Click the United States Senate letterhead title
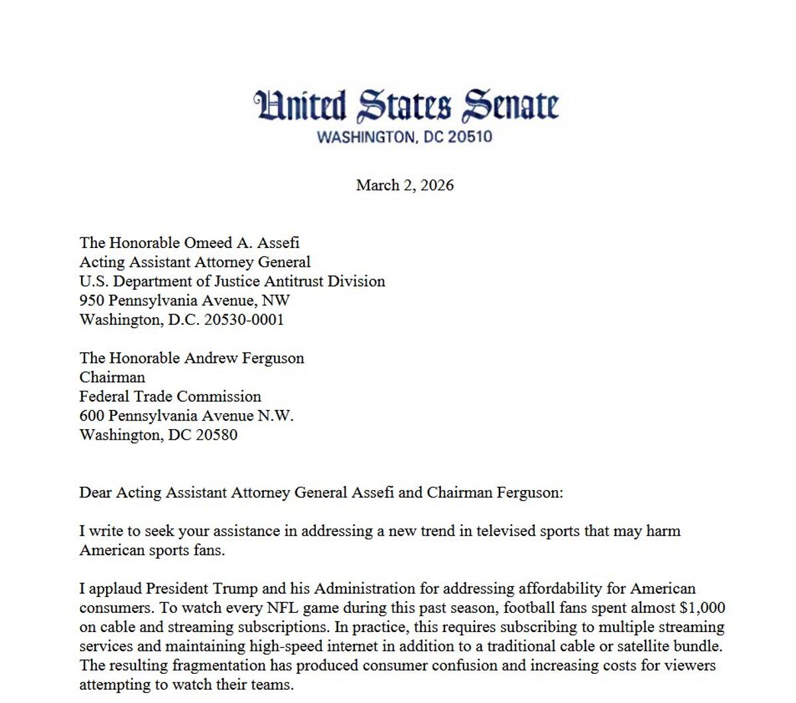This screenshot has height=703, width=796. click(x=406, y=106)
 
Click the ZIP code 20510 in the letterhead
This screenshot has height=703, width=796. click(x=470, y=137)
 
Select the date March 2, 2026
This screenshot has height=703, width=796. click(x=405, y=185)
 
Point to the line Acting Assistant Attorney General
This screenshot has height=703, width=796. click(x=195, y=262)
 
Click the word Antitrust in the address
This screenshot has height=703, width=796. click(x=281, y=281)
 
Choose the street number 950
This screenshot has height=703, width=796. click(x=91, y=300)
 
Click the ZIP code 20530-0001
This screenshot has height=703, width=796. click(x=243, y=320)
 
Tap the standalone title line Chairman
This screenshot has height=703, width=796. click(x=112, y=377)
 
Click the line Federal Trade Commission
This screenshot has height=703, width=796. click(x=170, y=397)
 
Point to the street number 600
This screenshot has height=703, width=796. click(x=91, y=416)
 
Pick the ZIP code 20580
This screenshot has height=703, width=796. click(x=216, y=435)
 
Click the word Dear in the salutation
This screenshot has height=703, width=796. click(x=96, y=493)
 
